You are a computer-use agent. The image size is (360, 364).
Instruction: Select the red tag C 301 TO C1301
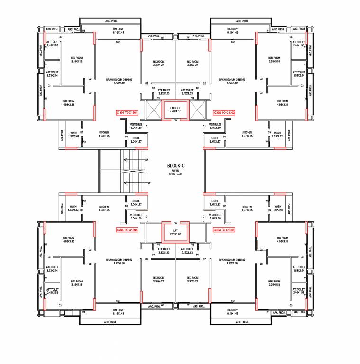pos(127,113)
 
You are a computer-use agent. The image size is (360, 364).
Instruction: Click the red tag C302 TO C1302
pos(224,113)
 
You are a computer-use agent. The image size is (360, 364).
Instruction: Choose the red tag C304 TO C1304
pos(127,230)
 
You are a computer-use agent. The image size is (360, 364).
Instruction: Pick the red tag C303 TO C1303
pos(224,230)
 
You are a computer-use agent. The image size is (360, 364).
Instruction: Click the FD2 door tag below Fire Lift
pos(175,120)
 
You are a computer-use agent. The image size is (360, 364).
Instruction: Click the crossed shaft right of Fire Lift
pos(196,110)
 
